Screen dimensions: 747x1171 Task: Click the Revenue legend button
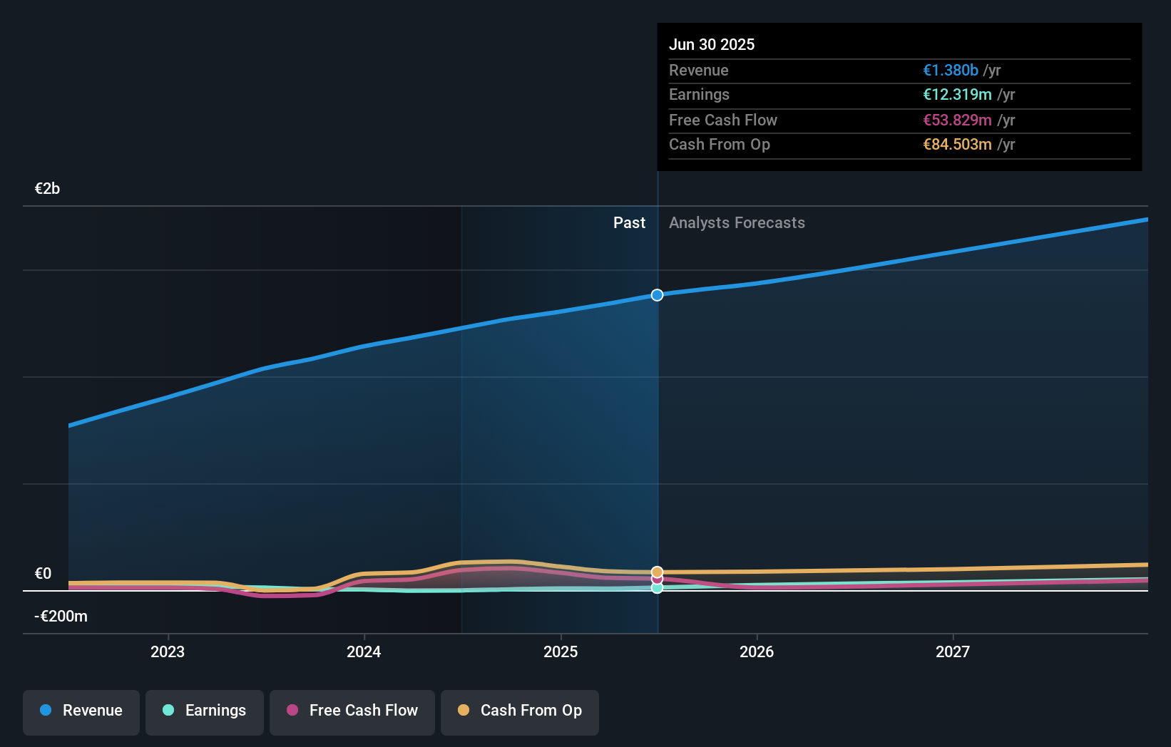[x=81, y=711]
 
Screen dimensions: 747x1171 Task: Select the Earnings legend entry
[x=205, y=711]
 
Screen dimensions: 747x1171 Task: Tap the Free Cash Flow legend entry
[x=352, y=711]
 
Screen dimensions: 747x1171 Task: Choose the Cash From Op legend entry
[x=520, y=711]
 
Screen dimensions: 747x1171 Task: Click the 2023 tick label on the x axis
[x=168, y=652]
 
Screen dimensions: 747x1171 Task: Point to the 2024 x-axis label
[x=364, y=652]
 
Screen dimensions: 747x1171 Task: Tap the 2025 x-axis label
[x=561, y=652]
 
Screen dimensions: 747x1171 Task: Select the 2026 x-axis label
[x=757, y=652]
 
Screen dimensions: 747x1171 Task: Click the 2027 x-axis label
[x=953, y=652]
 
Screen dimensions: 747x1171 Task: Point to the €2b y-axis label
[x=48, y=189]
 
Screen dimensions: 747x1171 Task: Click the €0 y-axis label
[x=43, y=574]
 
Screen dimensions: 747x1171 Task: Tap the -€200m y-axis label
[x=61, y=617]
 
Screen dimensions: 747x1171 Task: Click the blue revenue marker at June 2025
[x=658, y=295]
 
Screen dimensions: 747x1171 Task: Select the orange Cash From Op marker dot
[x=658, y=572]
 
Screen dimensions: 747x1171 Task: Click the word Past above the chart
[x=629, y=223]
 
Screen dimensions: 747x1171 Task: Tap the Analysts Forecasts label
[x=737, y=223]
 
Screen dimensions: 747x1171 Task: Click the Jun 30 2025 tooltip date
[x=712, y=45]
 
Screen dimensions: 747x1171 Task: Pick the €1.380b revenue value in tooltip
[x=951, y=71]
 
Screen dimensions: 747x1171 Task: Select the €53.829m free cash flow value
[x=957, y=120]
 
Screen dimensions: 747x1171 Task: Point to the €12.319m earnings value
[x=957, y=95]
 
